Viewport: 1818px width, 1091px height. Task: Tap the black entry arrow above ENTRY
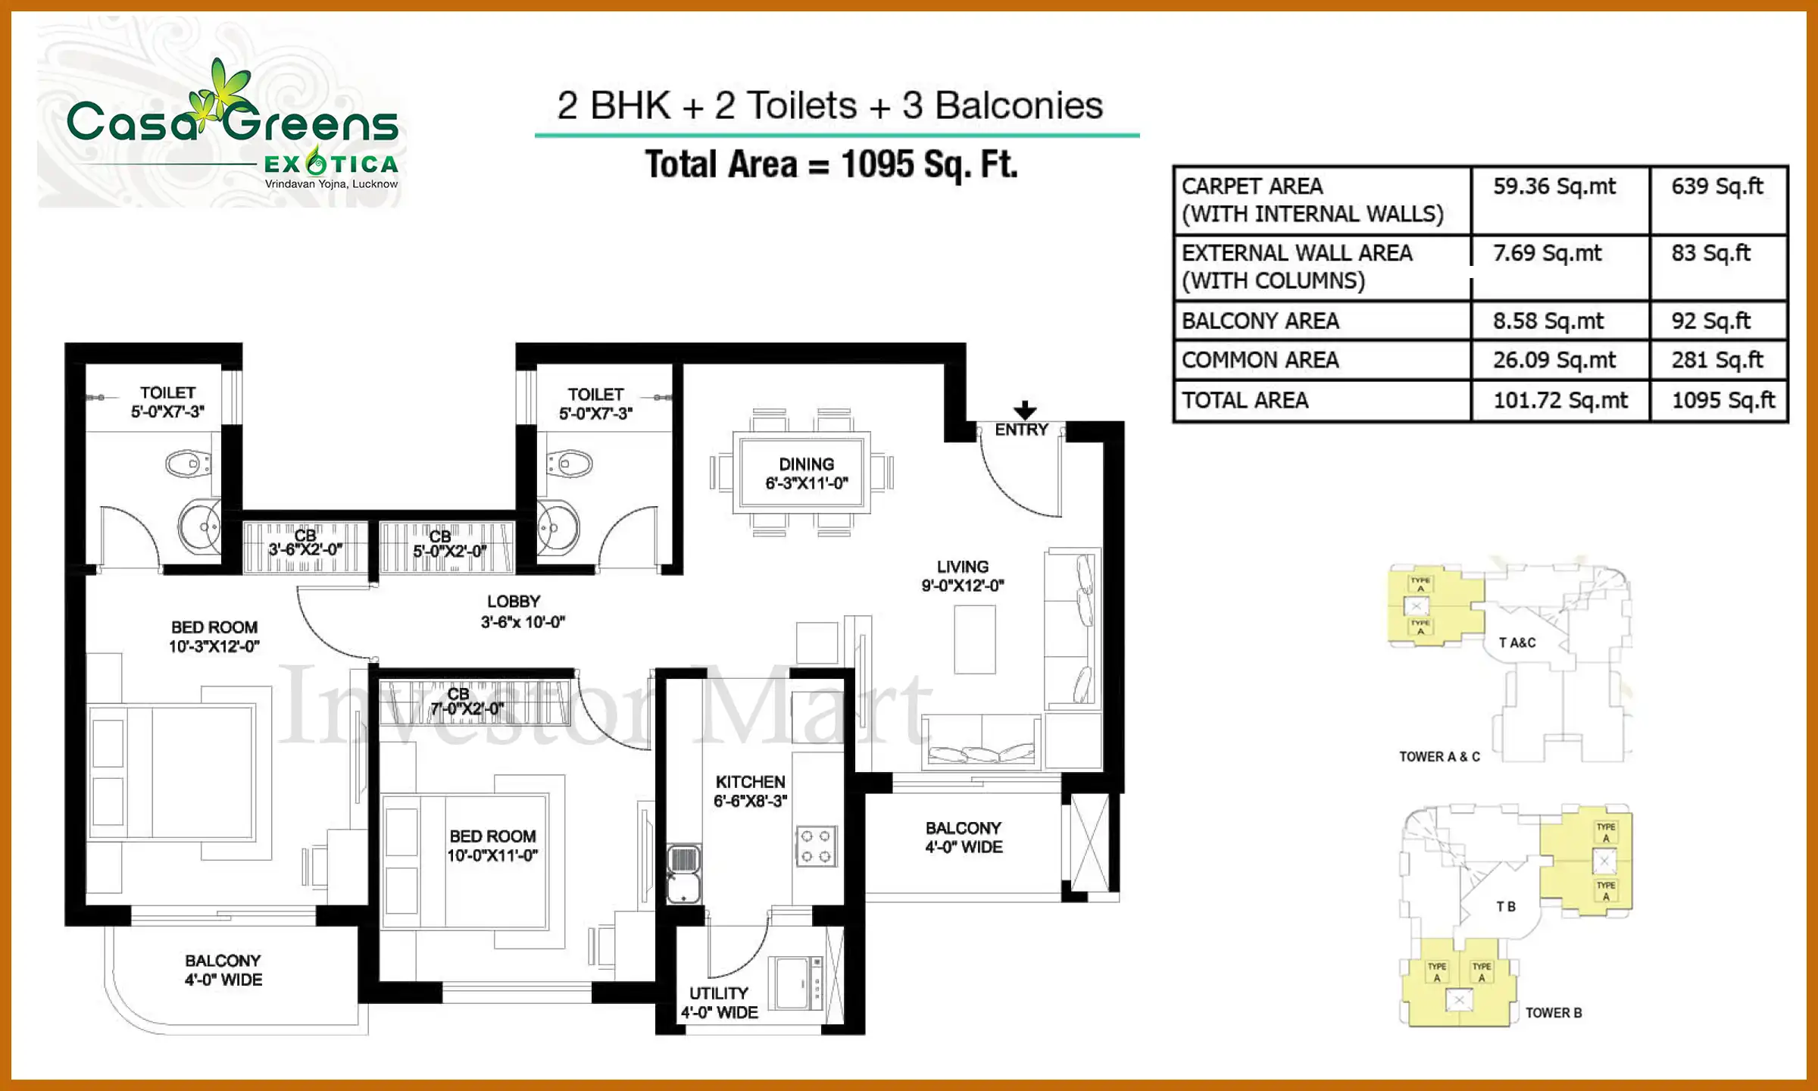pos(1024,410)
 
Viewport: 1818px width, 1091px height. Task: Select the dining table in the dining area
pos(802,473)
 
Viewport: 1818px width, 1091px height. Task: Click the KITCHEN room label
pos(750,782)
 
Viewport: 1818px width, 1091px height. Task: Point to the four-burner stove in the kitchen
pos(816,846)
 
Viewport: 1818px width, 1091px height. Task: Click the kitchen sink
pos(683,874)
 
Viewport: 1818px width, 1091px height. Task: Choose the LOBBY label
pos(514,602)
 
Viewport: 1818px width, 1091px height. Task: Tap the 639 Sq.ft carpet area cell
pos(1717,186)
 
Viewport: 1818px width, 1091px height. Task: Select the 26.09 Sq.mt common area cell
pos(1554,360)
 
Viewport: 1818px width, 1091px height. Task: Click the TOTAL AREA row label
pos(1245,400)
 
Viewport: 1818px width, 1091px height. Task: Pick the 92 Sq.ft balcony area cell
pos(1710,320)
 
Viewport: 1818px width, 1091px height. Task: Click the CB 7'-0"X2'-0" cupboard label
pos(467,702)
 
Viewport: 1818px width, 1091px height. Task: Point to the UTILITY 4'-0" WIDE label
pos(719,1002)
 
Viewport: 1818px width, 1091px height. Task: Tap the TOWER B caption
pos(1553,1013)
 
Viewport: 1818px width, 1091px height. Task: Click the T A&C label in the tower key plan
pos(1517,642)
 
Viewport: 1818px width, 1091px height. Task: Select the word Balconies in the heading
pos(1018,105)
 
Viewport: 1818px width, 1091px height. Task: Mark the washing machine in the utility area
pos(795,983)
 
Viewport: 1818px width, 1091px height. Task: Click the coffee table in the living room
pos(974,639)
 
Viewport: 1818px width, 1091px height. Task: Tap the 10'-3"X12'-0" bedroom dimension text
pos(214,646)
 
